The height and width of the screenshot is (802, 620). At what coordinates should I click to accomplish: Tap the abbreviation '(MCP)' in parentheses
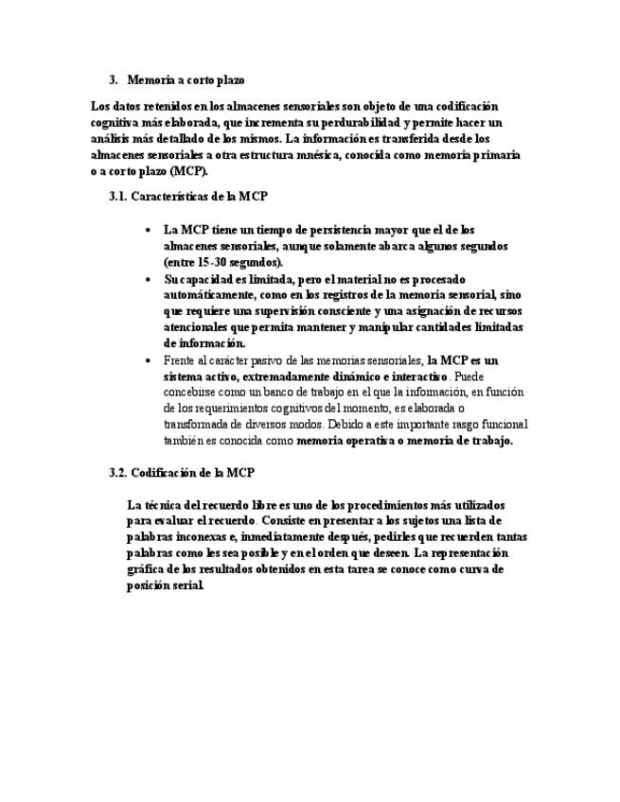tap(190, 170)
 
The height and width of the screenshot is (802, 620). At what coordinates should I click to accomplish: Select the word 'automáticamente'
tap(206, 295)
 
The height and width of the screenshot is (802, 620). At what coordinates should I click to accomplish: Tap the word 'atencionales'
tap(196, 327)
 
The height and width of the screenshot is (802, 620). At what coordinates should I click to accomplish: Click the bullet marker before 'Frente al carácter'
tap(148, 360)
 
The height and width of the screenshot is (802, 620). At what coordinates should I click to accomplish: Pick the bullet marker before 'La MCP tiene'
tap(148, 230)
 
